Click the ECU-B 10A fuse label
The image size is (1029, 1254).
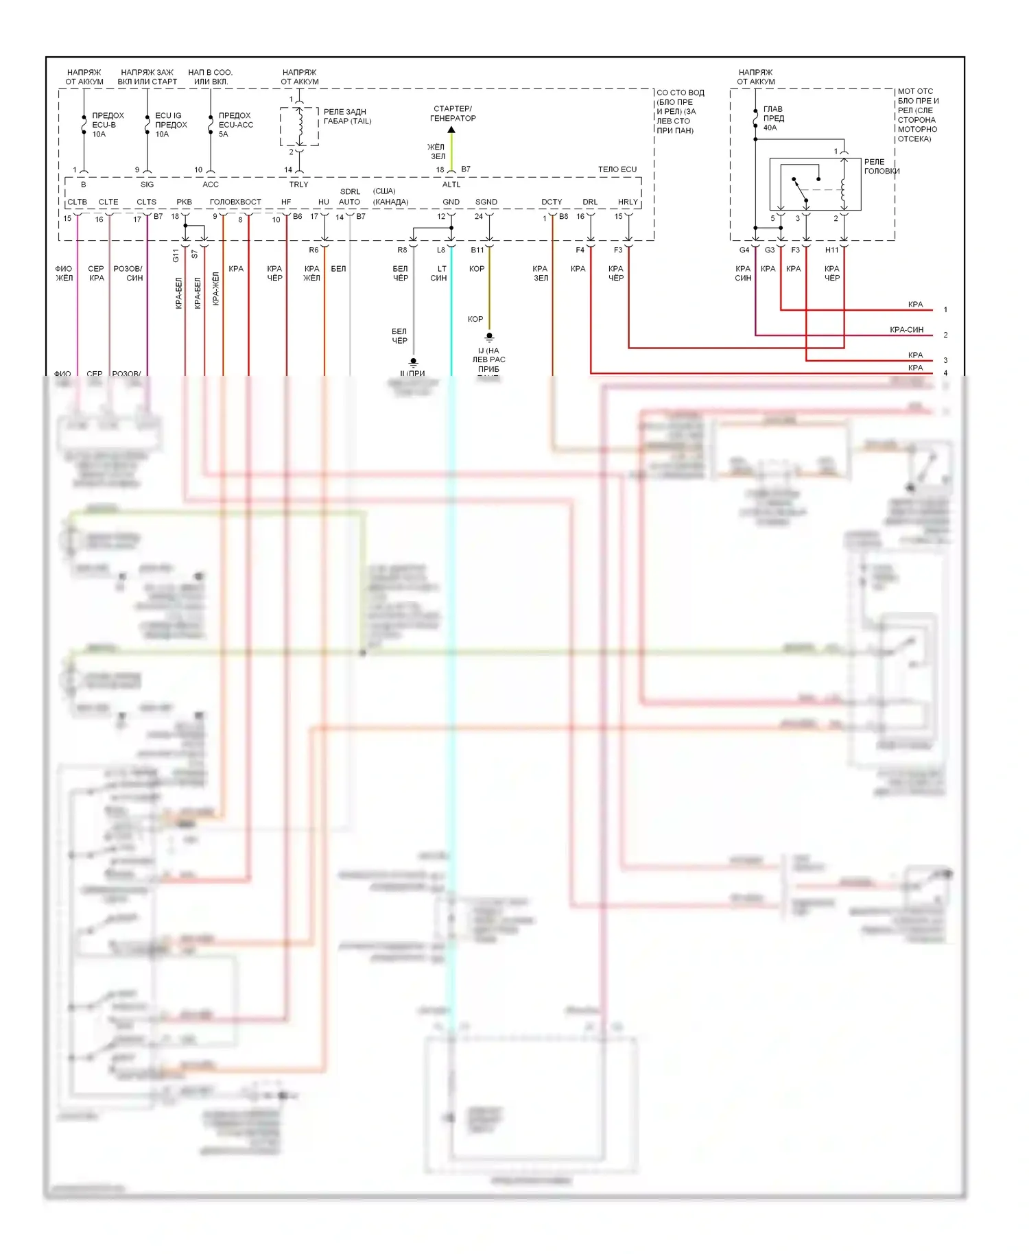pos(107,125)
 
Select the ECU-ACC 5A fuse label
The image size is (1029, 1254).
pos(235,125)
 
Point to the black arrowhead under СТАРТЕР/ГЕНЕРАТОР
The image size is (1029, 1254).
pos(451,130)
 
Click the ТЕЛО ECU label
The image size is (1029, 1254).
pos(617,169)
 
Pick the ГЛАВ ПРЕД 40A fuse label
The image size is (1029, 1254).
pos(773,118)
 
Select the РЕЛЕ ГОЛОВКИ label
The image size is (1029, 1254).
pos(881,167)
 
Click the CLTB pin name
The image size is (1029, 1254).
pos(77,202)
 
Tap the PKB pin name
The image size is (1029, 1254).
pos(184,202)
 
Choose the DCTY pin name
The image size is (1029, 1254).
pos(552,202)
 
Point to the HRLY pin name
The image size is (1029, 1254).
pos(628,202)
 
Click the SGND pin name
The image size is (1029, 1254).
pos(486,202)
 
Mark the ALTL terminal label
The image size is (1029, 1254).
pos(451,185)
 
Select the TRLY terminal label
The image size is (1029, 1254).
pos(298,185)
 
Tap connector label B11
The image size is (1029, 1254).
pos(477,250)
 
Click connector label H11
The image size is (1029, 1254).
pos(831,250)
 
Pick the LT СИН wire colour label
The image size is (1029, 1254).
pos(439,273)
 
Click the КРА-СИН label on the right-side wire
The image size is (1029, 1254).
pos(906,330)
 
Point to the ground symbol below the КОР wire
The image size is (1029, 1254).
pos(489,338)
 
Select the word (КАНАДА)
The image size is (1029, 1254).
pos(390,202)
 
